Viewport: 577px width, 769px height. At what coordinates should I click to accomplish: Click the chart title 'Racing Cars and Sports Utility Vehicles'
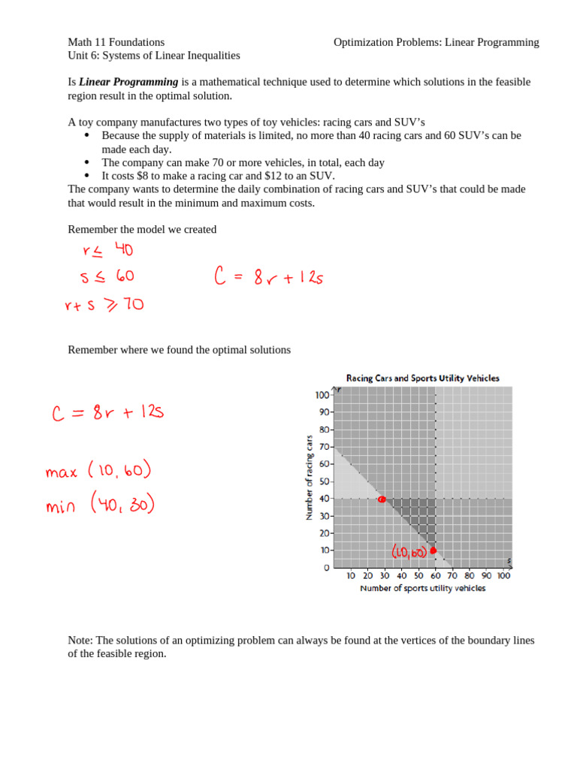422,378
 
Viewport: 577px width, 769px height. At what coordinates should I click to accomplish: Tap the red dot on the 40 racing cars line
382,499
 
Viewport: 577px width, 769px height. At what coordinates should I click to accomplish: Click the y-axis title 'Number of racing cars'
309,478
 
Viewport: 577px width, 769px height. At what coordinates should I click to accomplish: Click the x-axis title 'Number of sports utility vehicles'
422,588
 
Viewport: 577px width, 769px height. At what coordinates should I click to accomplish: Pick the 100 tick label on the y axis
322,394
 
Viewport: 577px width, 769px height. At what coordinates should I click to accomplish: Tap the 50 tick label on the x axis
418,576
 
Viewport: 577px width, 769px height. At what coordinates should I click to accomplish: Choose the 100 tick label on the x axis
503,576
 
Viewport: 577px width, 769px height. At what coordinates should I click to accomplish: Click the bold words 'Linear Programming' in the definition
128,82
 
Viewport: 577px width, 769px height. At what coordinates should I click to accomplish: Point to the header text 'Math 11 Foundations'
116,42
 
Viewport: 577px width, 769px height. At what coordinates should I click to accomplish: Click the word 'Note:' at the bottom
80,640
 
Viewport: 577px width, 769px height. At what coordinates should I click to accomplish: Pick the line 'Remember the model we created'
142,229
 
